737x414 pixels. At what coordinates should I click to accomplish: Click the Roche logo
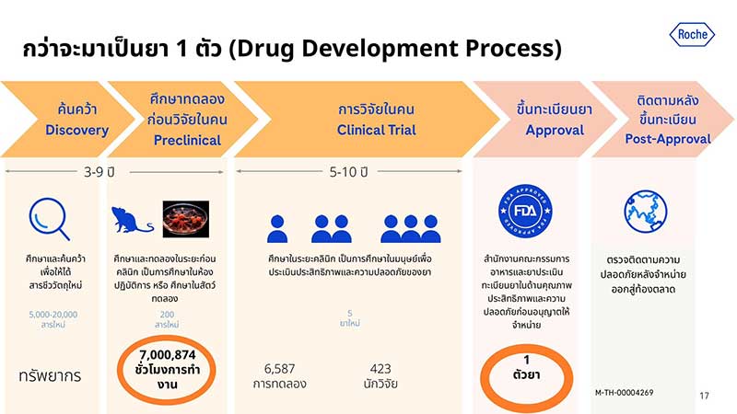(691, 35)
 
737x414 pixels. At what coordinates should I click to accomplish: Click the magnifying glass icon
(49, 219)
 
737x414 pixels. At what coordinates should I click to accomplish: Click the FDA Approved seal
(518, 212)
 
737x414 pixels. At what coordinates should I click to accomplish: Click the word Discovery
(76, 131)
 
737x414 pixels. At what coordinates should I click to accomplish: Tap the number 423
(380, 367)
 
